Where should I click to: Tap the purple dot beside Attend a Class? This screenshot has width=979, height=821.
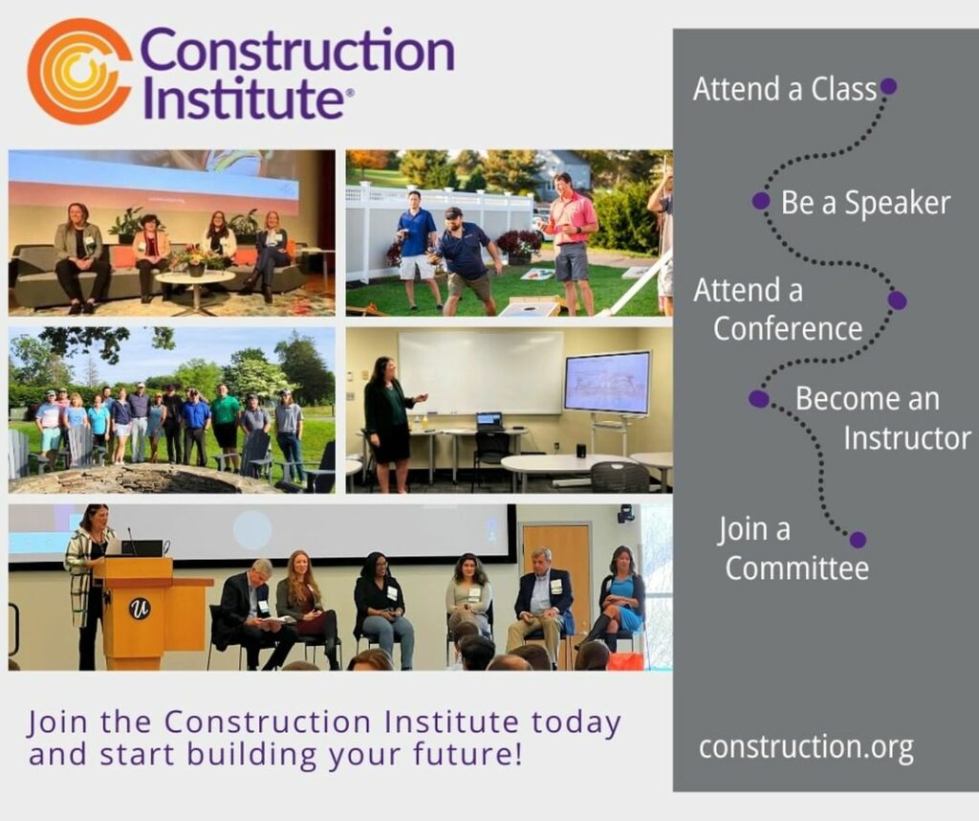click(x=888, y=85)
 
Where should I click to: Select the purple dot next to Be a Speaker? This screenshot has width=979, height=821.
click(x=760, y=201)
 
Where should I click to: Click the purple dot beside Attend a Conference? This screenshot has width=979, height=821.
click(x=897, y=300)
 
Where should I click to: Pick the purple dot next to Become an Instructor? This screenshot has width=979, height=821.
click(x=758, y=399)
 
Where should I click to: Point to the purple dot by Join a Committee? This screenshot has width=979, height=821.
click(x=858, y=540)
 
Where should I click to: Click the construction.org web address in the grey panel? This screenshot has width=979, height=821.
click(x=806, y=748)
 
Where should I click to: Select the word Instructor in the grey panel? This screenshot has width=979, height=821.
click(x=907, y=438)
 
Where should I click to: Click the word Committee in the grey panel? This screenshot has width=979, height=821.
click(x=796, y=568)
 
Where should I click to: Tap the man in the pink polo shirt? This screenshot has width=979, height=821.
click(x=572, y=243)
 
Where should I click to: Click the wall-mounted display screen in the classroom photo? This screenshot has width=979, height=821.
click(x=607, y=382)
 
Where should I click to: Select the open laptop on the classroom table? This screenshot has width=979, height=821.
click(x=489, y=421)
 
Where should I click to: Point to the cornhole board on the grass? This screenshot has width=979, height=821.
click(x=531, y=307)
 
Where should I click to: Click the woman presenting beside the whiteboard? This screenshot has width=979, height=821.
click(x=391, y=424)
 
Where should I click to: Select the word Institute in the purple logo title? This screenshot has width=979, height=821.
click(x=244, y=98)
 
